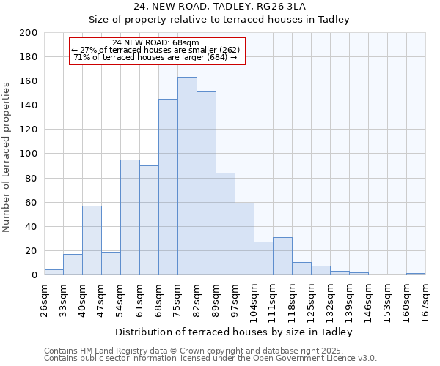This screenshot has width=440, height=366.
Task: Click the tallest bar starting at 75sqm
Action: tap(187, 176)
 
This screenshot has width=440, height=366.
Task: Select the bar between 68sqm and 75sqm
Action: tap(168, 187)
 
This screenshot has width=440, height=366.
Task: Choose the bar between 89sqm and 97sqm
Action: tap(225, 224)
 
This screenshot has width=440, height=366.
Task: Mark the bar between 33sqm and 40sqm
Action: tap(73, 264)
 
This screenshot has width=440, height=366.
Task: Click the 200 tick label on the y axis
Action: tap(29, 33)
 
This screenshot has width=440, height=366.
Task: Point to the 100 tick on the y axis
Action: tap(29, 154)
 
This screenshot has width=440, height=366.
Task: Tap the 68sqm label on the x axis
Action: tap(158, 298)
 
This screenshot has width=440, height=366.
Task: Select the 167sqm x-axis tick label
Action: tap(425, 298)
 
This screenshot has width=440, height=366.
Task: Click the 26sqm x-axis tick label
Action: tap(44, 298)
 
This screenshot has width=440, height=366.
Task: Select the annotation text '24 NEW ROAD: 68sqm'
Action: tap(156, 42)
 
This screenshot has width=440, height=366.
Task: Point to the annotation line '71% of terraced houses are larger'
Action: tap(155, 57)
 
